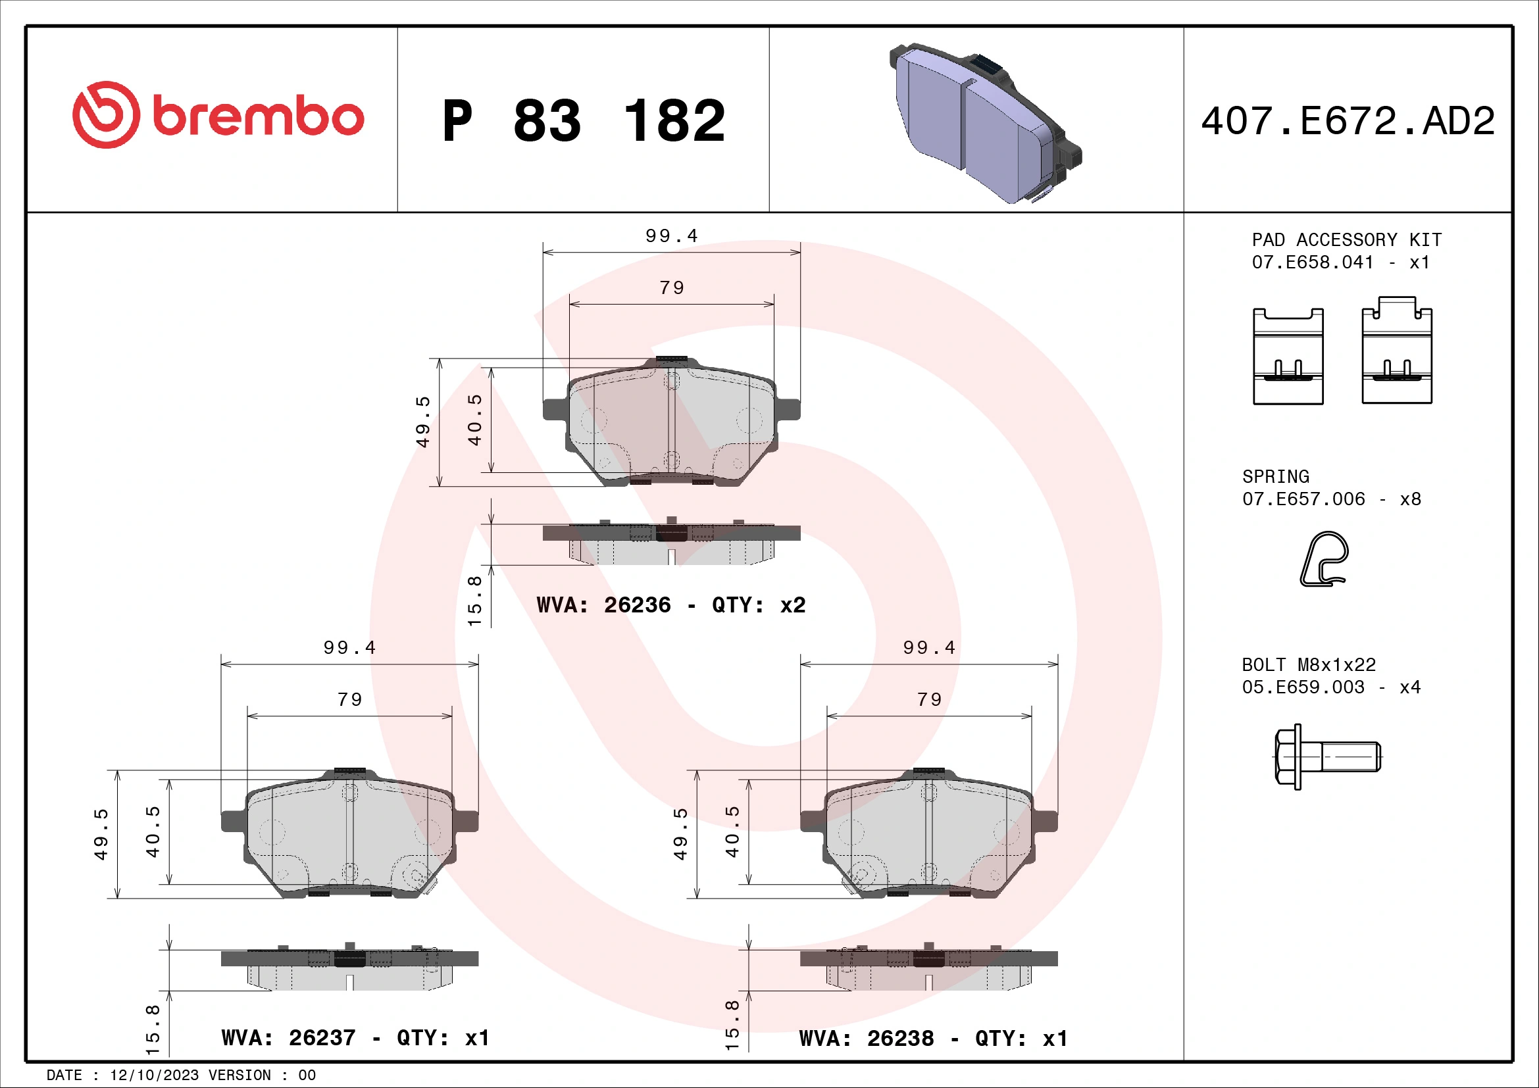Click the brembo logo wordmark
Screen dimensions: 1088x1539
pyautogui.click(x=258, y=116)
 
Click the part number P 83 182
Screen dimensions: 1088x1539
pyautogui.click(x=583, y=121)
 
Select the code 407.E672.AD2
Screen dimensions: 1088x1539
pyautogui.click(x=1348, y=121)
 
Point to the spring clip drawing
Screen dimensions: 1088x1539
pyautogui.click(x=1325, y=559)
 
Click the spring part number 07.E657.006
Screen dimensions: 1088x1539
pyautogui.click(x=1303, y=499)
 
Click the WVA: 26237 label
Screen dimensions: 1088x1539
pyautogui.click(x=288, y=1038)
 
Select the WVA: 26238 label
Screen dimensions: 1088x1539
pyautogui.click(x=866, y=1039)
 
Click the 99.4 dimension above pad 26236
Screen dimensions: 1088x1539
pyautogui.click(x=671, y=236)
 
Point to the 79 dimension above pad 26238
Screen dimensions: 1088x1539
pyautogui.click(x=929, y=699)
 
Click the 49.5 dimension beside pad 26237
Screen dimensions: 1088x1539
pyautogui.click(x=101, y=834)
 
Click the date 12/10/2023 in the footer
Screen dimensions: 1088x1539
pyautogui.click(x=154, y=1076)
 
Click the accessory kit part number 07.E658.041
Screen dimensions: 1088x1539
pyautogui.click(x=1313, y=262)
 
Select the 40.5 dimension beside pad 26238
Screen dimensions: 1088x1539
pyautogui.click(x=732, y=831)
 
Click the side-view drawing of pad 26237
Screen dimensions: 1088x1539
pyautogui.click(x=349, y=968)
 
